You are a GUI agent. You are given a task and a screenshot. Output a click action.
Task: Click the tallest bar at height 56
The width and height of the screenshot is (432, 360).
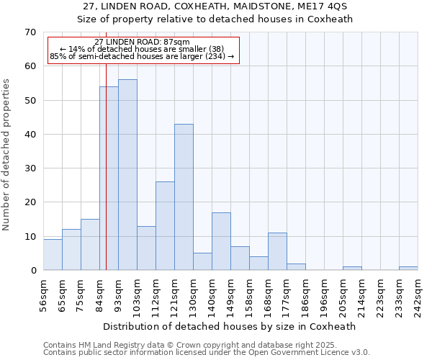pos(127,175)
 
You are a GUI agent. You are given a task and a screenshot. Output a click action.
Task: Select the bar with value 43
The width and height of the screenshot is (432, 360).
pos(184,197)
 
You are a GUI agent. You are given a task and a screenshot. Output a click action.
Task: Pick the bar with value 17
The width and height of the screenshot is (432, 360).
pos(221,241)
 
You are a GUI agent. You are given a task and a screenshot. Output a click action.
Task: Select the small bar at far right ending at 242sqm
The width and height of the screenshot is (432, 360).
pos(408,268)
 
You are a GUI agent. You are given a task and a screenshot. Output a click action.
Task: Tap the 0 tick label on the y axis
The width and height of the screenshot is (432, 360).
pos(32,271)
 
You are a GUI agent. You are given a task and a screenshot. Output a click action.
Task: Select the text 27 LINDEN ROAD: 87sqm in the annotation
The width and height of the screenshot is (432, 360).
pos(142,42)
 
